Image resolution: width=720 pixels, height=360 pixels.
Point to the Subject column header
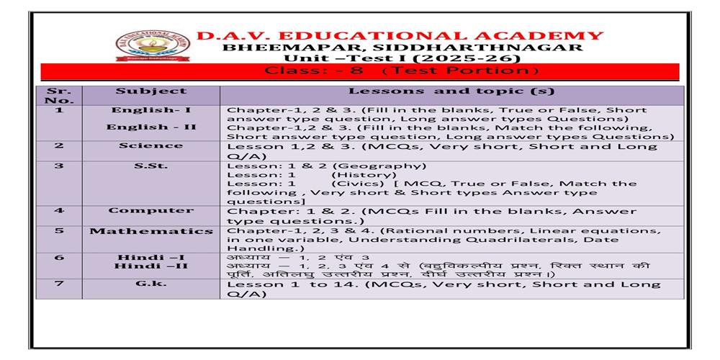coord(150,91)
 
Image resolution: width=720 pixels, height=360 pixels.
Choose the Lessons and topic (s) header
coord(451,92)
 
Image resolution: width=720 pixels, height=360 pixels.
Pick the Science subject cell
coord(150,145)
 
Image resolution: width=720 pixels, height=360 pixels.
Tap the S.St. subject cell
coord(150,166)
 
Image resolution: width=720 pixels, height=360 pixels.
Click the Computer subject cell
coord(150,210)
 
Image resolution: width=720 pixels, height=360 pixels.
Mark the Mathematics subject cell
coord(150,231)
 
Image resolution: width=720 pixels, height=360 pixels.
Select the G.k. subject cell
coord(150,284)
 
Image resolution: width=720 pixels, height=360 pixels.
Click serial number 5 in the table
coord(58,231)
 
